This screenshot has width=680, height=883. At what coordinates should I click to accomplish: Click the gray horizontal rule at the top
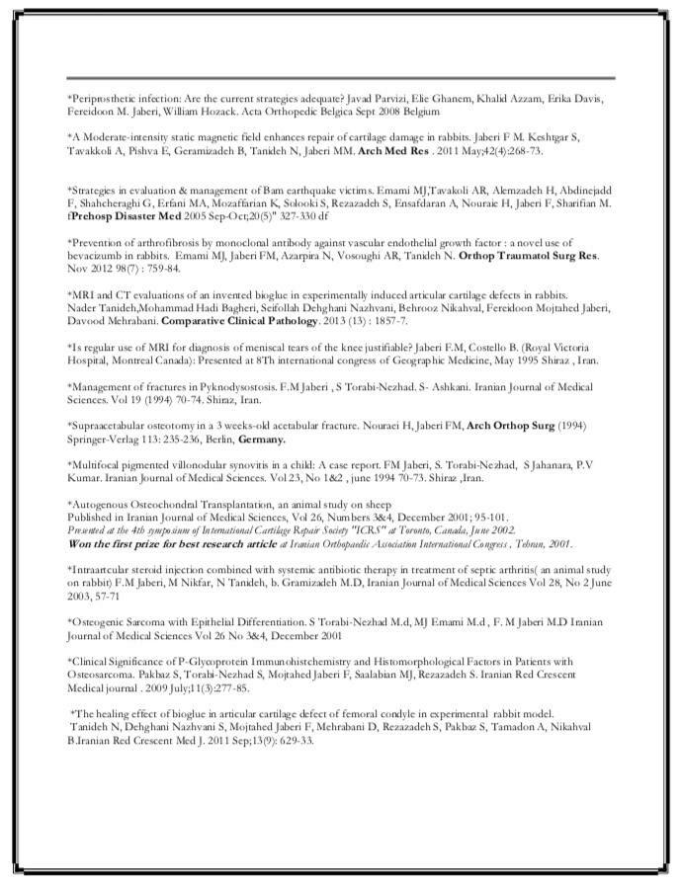pos(340,78)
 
